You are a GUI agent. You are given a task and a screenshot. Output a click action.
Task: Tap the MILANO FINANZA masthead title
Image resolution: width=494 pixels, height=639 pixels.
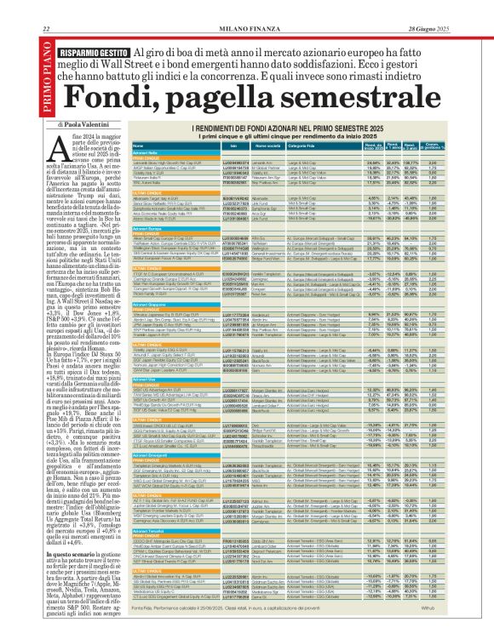tap(247, 7)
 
